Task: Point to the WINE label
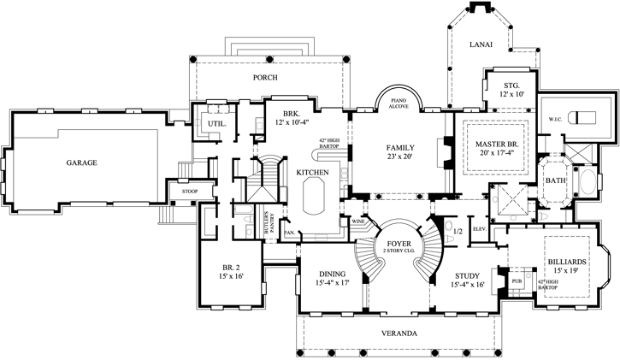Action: [357, 221]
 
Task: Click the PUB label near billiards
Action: [517, 280]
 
